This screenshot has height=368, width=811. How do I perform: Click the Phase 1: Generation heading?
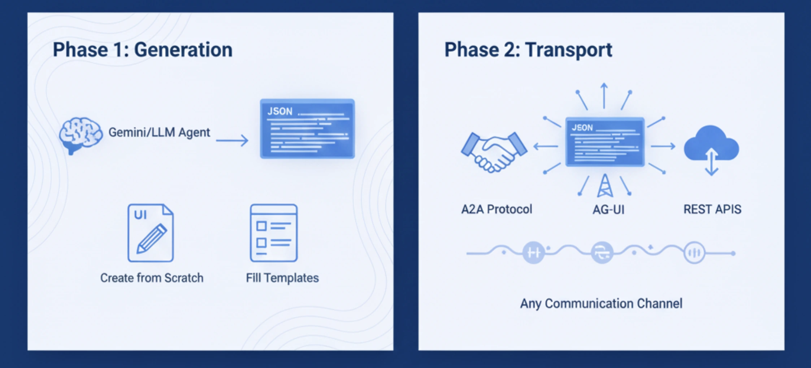coord(143,49)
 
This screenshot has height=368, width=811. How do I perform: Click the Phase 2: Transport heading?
coord(528,49)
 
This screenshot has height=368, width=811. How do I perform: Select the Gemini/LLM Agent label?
coord(159,132)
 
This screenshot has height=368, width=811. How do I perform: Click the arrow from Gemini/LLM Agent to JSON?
coord(232,140)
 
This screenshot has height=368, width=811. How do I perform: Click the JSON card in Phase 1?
coord(307,129)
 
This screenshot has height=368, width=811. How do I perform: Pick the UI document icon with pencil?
coord(151,233)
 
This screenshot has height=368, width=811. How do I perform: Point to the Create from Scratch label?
coord(152,278)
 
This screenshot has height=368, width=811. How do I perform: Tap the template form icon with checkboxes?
coord(274,233)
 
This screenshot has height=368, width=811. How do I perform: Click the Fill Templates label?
coord(282,278)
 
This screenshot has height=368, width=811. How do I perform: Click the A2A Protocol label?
coord(496,209)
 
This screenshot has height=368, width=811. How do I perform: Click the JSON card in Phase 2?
coord(605,141)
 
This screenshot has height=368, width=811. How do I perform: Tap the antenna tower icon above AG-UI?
coord(605,186)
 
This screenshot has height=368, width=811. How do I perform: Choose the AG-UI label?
coord(608,210)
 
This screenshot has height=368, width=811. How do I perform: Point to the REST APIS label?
coord(712,209)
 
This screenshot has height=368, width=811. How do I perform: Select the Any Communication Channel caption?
coord(601,303)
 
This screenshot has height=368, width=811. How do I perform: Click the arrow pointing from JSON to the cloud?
coord(663,146)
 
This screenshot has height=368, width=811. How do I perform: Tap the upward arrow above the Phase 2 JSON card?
coord(604,96)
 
